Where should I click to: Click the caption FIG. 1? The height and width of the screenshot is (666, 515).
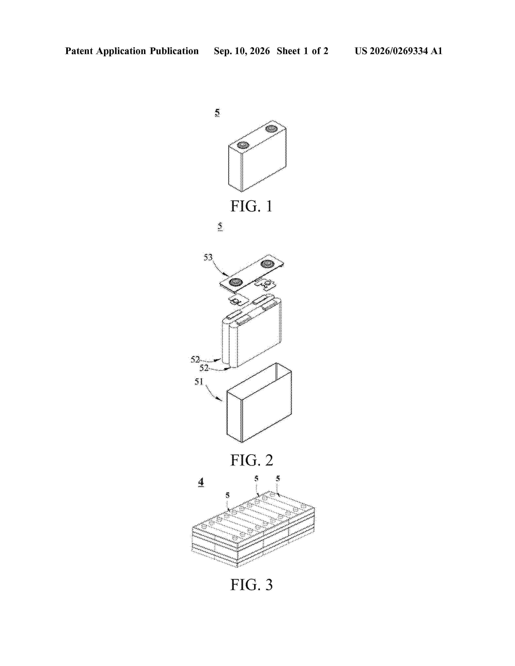click(x=251, y=206)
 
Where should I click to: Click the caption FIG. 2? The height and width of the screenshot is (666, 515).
click(x=252, y=460)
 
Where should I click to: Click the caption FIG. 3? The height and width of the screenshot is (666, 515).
click(x=251, y=585)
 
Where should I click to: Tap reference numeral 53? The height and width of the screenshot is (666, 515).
click(x=208, y=257)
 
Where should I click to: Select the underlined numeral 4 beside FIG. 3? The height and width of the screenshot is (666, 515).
click(x=201, y=482)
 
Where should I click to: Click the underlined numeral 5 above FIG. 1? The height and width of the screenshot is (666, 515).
click(x=217, y=113)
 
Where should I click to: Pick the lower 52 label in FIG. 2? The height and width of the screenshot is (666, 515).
click(x=204, y=368)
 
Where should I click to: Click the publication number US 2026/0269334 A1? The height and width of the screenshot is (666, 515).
click(x=398, y=51)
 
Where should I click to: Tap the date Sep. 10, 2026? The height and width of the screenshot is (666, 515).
click(x=242, y=51)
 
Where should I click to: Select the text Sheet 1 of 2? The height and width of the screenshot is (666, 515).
click(x=302, y=51)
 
